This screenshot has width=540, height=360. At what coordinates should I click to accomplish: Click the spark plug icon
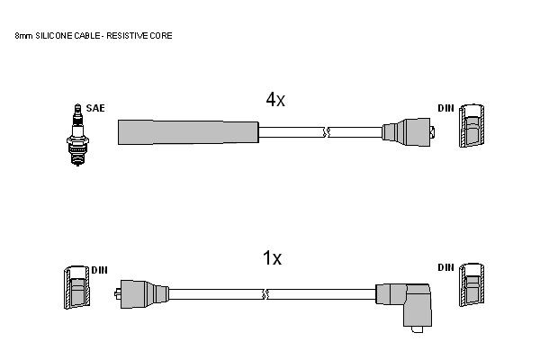(77, 135)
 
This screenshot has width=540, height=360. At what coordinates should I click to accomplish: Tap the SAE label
(95, 108)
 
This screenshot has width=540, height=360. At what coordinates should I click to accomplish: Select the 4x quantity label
(275, 100)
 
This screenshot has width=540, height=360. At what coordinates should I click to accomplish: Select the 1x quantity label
(272, 257)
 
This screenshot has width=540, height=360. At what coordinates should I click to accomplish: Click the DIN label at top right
(446, 108)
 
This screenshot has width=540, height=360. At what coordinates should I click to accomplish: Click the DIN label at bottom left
(100, 270)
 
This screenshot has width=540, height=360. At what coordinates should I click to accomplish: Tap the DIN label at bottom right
(446, 267)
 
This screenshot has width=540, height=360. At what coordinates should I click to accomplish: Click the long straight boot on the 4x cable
(188, 132)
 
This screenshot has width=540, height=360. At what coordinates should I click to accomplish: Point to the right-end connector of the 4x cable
(409, 132)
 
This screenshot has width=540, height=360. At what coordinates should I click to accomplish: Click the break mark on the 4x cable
(327, 132)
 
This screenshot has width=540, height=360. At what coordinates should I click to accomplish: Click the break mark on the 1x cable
(265, 294)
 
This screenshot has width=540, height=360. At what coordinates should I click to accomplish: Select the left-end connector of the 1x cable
(141, 294)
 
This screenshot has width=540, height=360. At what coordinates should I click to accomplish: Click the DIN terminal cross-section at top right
(472, 125)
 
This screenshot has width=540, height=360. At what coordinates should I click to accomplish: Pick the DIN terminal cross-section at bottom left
(76, 287)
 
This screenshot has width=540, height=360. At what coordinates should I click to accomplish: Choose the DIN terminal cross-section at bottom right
(472, 284)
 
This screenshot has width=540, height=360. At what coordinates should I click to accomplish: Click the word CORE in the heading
(161, 36)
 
